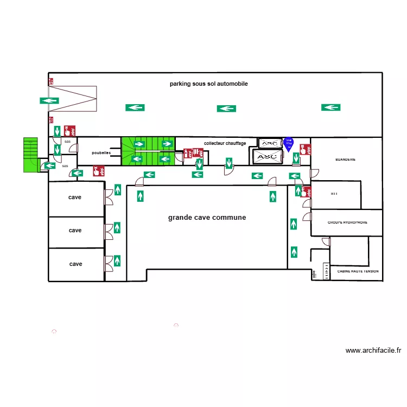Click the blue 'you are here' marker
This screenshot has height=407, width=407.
pyautogui.click(x=289, y=144)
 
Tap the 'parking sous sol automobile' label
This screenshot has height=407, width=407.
pyautogui.click(x=209, y=84)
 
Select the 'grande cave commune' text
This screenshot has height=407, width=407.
pyautogui.click(x=207, y=218)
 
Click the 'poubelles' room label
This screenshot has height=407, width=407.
pyautogui.click(x=101, y=153)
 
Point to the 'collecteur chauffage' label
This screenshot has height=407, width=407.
pyautogui.click(x=225, y=143)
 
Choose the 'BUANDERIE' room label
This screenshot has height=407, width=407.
pyautogui.click(x=345, y=160)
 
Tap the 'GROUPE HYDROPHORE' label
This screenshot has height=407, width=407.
pyautogui.click(x=347, y=222)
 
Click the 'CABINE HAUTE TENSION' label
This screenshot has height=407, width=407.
pyautogui.click(x=358, y=271)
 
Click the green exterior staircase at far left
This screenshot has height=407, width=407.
pyautogui.click(x=30, y=155)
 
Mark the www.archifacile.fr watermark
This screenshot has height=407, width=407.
pyautogui.click(x=373, y=351)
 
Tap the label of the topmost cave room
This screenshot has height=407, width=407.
pyautogui.click(x=75, y=198)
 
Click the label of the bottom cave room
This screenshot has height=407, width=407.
pyautogui.click(x=75, y=264)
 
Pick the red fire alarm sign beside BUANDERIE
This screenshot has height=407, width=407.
pyautogui.click(x=306, y=149)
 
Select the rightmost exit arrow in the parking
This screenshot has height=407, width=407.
pyautogui.click(x=330, y=107)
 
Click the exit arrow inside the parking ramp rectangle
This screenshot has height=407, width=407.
pyautogui.click(x=49, y=100)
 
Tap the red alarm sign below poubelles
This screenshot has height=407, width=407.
pyautogui.click(x=99, y=171)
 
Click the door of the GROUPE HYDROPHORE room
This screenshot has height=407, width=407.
pyautogui.click(x=308, y=217)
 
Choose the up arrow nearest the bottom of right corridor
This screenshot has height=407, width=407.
pyautogui.click(x=294, y=252)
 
